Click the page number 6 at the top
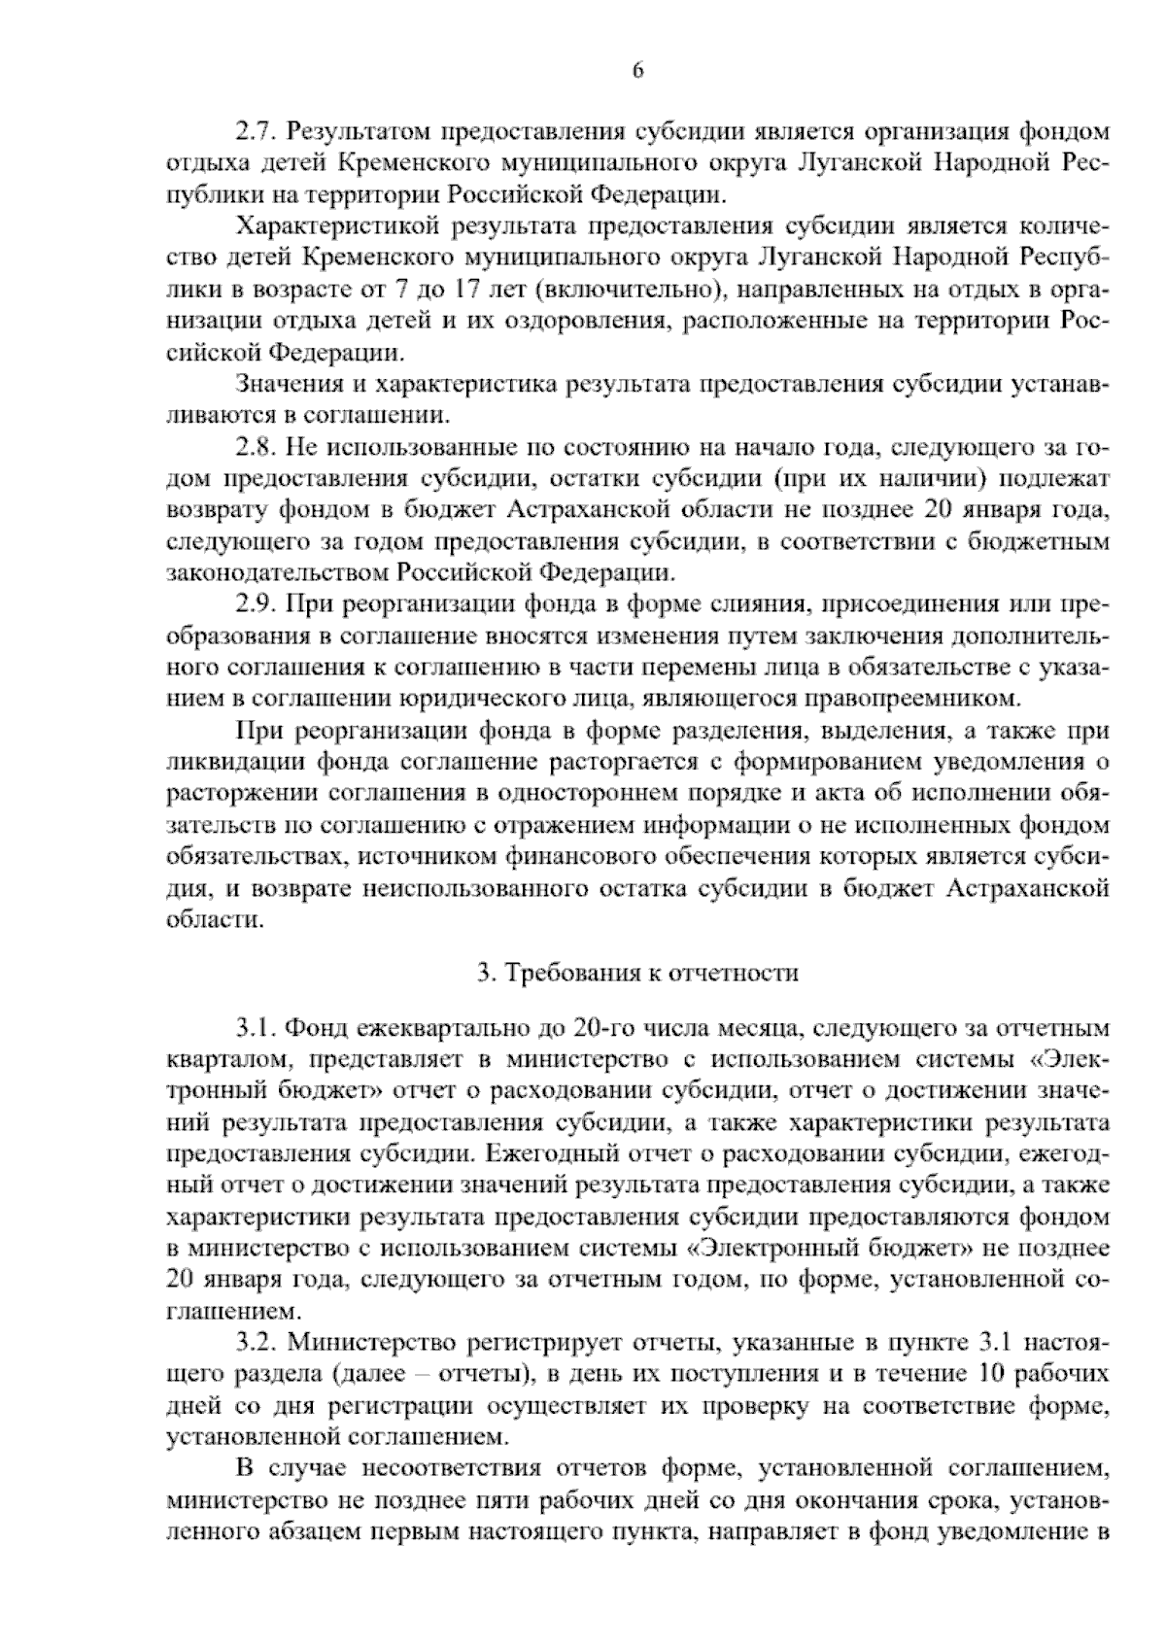pos(637,70)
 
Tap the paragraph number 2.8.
pos(256,448)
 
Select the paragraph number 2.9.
pos(256,605)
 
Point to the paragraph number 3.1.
pos(256,1027)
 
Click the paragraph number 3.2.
pos(256,1344)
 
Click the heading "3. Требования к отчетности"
pos(637,973)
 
